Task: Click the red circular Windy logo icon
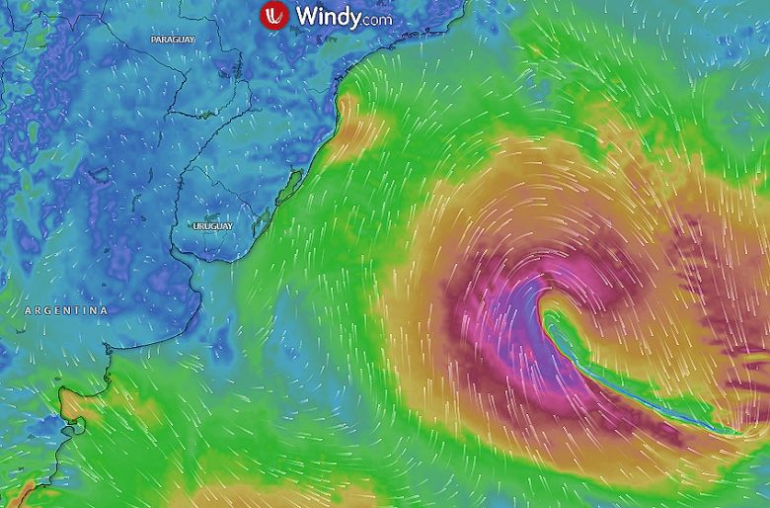pos(273,17)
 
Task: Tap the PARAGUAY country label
pos(173,39)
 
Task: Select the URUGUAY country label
pos(213,226)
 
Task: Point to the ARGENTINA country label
pos(66,310)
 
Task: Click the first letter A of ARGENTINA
pos(28,310)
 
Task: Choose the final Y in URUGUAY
pos(230,226)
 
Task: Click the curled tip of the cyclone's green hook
pos(546,317)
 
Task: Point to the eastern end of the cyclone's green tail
pos(735,430)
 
